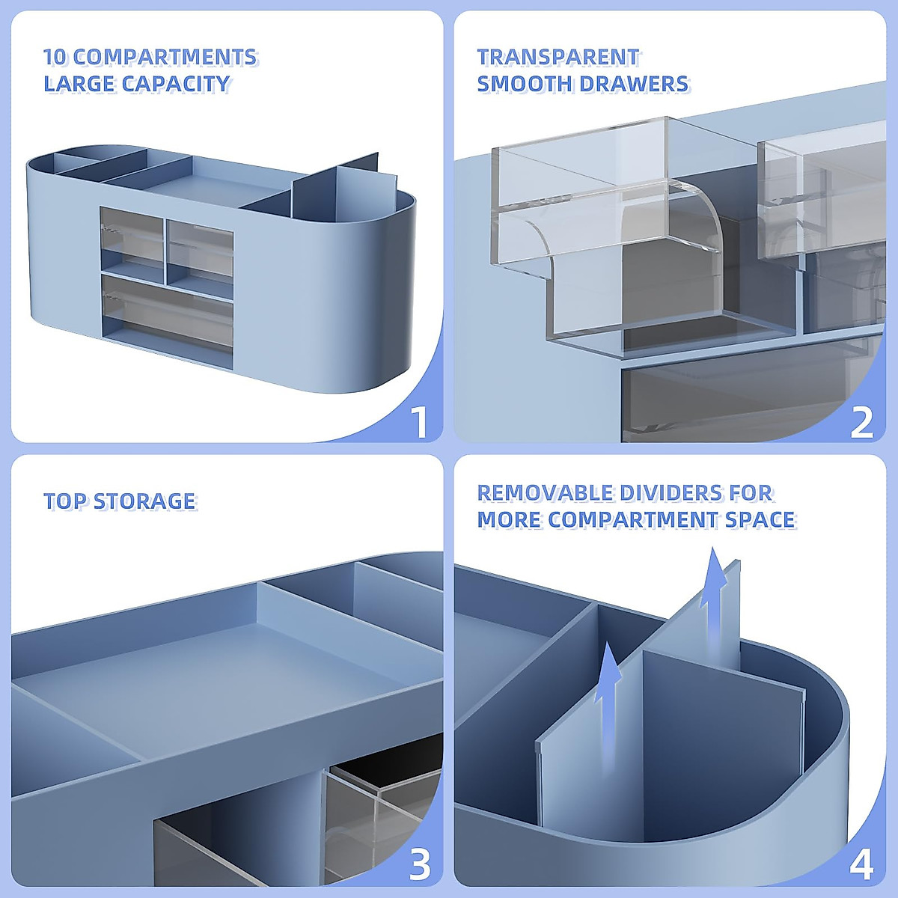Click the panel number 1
[x=420, y=421]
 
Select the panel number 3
[x=420, y=865]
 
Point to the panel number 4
[x=862, y=865]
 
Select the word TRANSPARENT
[x=558, y=57]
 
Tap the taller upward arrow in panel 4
[x=715, y=580]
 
